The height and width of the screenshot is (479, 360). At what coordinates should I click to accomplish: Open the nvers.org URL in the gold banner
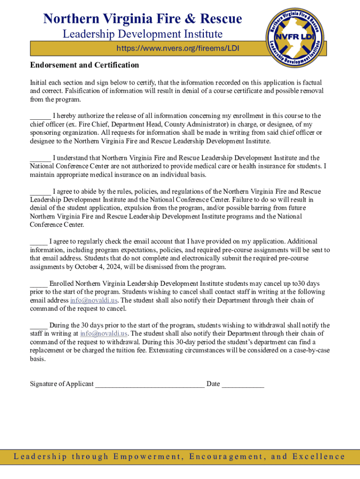[x=178, y=49]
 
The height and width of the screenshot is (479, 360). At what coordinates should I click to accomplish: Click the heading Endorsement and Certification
[x=84, y=65]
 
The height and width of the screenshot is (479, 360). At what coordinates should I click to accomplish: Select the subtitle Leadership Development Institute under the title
[x=143, y=34]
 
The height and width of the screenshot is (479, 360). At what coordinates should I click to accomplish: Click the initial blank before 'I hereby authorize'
[x=40, y=116]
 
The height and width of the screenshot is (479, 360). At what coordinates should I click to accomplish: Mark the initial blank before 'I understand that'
[x=40, y=158]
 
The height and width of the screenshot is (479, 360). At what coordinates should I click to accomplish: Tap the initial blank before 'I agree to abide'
[x=40, y=191]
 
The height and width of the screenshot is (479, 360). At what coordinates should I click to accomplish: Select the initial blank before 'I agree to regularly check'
[x=38, y=242]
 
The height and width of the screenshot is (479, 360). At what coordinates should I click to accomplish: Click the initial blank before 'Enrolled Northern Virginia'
[x=38, y=283]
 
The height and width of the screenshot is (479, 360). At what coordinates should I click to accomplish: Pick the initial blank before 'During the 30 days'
[x=38, y=326]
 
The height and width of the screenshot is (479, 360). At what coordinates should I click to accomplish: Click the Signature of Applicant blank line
[x=150, y=385]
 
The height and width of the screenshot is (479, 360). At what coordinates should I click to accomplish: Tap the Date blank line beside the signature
[x=243, y=385]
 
